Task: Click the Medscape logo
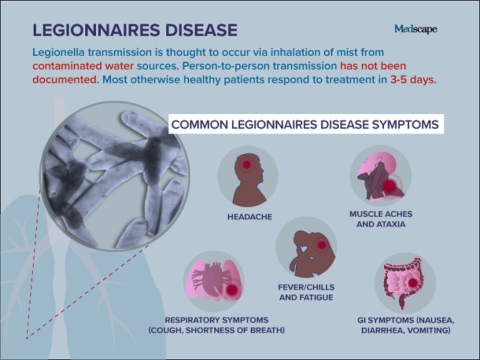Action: [416, 29]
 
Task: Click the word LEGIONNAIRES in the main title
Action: [96, 30]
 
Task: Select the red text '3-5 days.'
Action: [413, 80]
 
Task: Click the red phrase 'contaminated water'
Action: [83, 66]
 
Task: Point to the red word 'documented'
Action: [64, 80]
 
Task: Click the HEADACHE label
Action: [249, 217]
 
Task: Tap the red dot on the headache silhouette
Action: [246, 165]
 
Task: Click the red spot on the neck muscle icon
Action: [389, 186]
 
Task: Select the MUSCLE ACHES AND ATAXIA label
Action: [381, 219]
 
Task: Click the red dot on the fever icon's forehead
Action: [322, 245]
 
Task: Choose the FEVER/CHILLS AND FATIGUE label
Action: [306, 293]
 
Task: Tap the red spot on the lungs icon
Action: [231, 290]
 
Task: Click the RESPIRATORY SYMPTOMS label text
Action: [216, 325]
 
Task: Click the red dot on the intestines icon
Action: [413, 283]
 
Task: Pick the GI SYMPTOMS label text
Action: [405, 325]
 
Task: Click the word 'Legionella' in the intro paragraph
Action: [59, 52]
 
